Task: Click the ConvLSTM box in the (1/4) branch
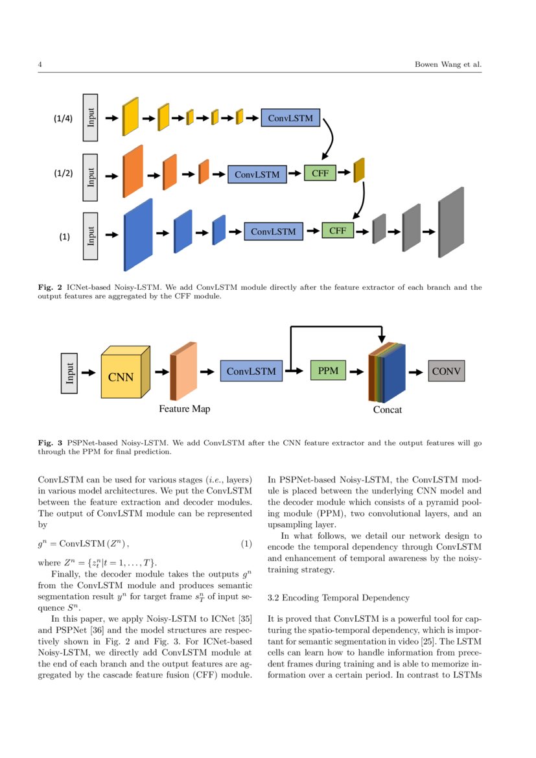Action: pos(290,118)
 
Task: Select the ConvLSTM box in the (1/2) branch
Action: pos(257,174)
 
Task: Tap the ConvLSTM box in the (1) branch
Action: pos(273,231)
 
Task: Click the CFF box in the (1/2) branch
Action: pos(320,173)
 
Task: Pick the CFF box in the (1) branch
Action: pos(338,230)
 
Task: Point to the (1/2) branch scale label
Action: pos(63,174)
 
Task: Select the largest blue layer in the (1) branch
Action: pos(138,235)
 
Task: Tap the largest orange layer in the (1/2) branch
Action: pos(133,171)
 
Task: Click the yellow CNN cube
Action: pos(122,375)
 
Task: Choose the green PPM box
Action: pos(329,371)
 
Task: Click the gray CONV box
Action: pos(446,371)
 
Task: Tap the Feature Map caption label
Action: pos(185,409)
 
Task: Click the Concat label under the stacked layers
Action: pos(387,410)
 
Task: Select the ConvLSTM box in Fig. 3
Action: pos(251,372)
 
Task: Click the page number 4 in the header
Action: pos(40,65)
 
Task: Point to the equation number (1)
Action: pos(246,543)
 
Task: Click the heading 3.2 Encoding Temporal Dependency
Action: pos(338,597)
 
